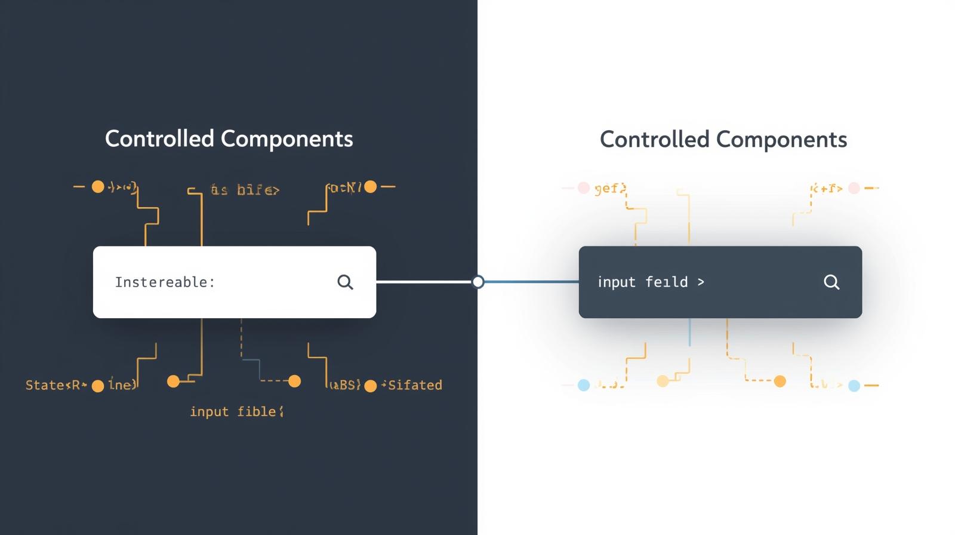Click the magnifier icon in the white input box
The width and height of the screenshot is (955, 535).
(x=345, y=282)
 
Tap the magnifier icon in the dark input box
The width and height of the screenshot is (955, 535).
(x=831, y=282)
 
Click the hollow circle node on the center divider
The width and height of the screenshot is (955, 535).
(x=478, y=282)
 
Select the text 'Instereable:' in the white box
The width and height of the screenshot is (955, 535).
(x=165, y=282)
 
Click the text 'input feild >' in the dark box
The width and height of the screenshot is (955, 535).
(x=651, y=282)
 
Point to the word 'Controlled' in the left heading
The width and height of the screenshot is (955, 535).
(x=159, y=139)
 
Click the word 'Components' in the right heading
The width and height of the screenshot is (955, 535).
(x=781, y=139)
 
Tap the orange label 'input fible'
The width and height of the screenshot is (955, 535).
(x=236, y=411)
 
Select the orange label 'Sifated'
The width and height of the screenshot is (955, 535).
(x=415, y=385)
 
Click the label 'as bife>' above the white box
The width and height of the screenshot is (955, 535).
(x=245, y=190)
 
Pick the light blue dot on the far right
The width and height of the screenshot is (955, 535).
(x=854, y=385)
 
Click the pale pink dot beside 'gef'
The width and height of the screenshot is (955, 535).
(x=584, y=188)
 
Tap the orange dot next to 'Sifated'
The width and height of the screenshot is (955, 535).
(x=370, y=386)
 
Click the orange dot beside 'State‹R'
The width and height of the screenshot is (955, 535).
(x=98, y=386)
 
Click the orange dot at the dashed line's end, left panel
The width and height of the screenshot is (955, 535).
(x=294, y=381)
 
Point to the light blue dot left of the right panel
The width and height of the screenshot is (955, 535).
(x=584, y=385)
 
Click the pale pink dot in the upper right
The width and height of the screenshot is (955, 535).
(x=854, y=188)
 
